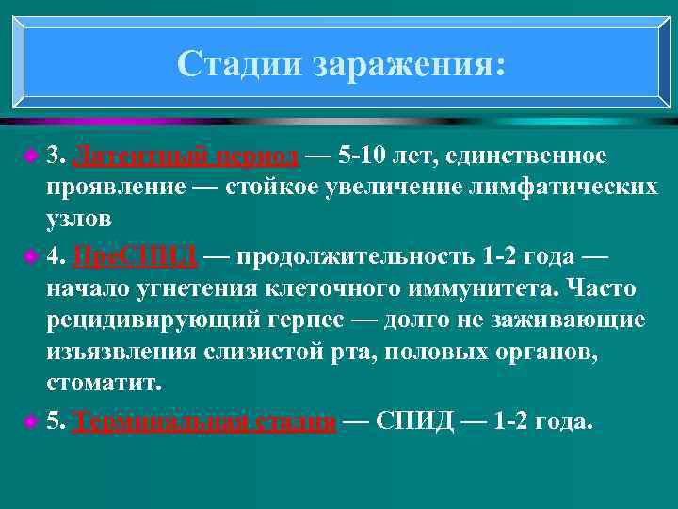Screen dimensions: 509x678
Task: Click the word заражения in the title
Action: pos(409,64)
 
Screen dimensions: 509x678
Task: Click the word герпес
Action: pos(326,320)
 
